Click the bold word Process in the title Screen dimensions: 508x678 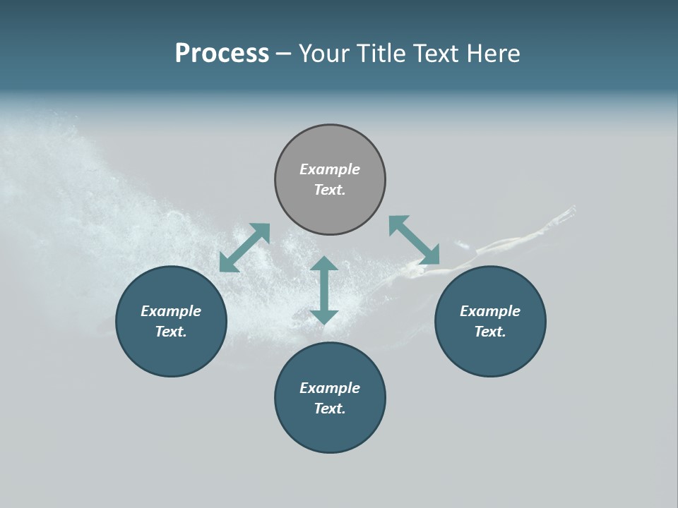(x=222, y=53)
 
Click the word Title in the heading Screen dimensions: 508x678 (x=380, y=53)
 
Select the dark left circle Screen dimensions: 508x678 (x=171, y=353)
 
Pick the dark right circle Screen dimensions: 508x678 (x=490, y=353)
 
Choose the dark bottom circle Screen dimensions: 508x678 (x=330, y=430)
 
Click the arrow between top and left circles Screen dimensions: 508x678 (x=245, y=248)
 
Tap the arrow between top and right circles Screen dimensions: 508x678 (x=414, y=241)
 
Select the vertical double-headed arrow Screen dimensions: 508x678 (x=324, y=290)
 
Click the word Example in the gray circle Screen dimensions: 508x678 (x=330, y=169)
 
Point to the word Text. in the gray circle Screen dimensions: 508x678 (x=330, y=190)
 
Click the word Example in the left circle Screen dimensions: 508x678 (x=171, y=311)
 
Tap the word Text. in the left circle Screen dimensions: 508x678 (x=171, y=332)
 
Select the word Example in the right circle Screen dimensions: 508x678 (x=490, y=311)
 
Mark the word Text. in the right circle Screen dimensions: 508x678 (x=490, y=332)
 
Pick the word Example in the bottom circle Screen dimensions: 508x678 (x=330, y=388)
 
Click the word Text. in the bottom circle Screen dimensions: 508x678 (x=330, y=409)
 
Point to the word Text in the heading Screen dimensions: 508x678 (x=434, y=53)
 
